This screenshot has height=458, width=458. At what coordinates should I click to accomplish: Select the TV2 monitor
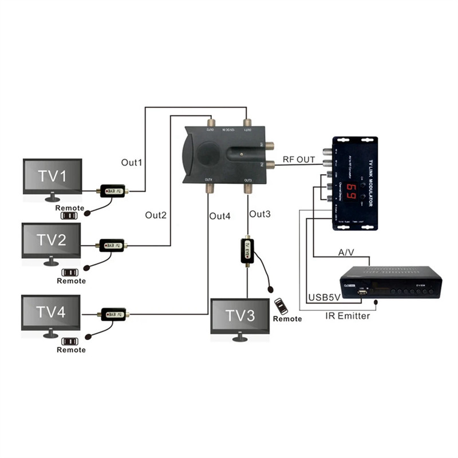(x=51, y=241)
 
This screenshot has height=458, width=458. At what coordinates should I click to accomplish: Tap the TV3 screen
(x=239, y=316)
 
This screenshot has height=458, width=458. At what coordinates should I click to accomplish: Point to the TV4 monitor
(x=50, y=312)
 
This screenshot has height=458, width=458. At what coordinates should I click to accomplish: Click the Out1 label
(x=132, y=162)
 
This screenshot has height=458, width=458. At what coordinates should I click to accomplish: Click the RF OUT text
(x=299, y=160)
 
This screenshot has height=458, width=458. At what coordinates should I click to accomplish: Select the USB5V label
(x=324, y=298)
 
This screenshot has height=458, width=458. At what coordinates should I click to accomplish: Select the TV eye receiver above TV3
(x=247, y=251)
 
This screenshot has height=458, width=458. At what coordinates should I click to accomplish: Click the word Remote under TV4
(x=72, y=350)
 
